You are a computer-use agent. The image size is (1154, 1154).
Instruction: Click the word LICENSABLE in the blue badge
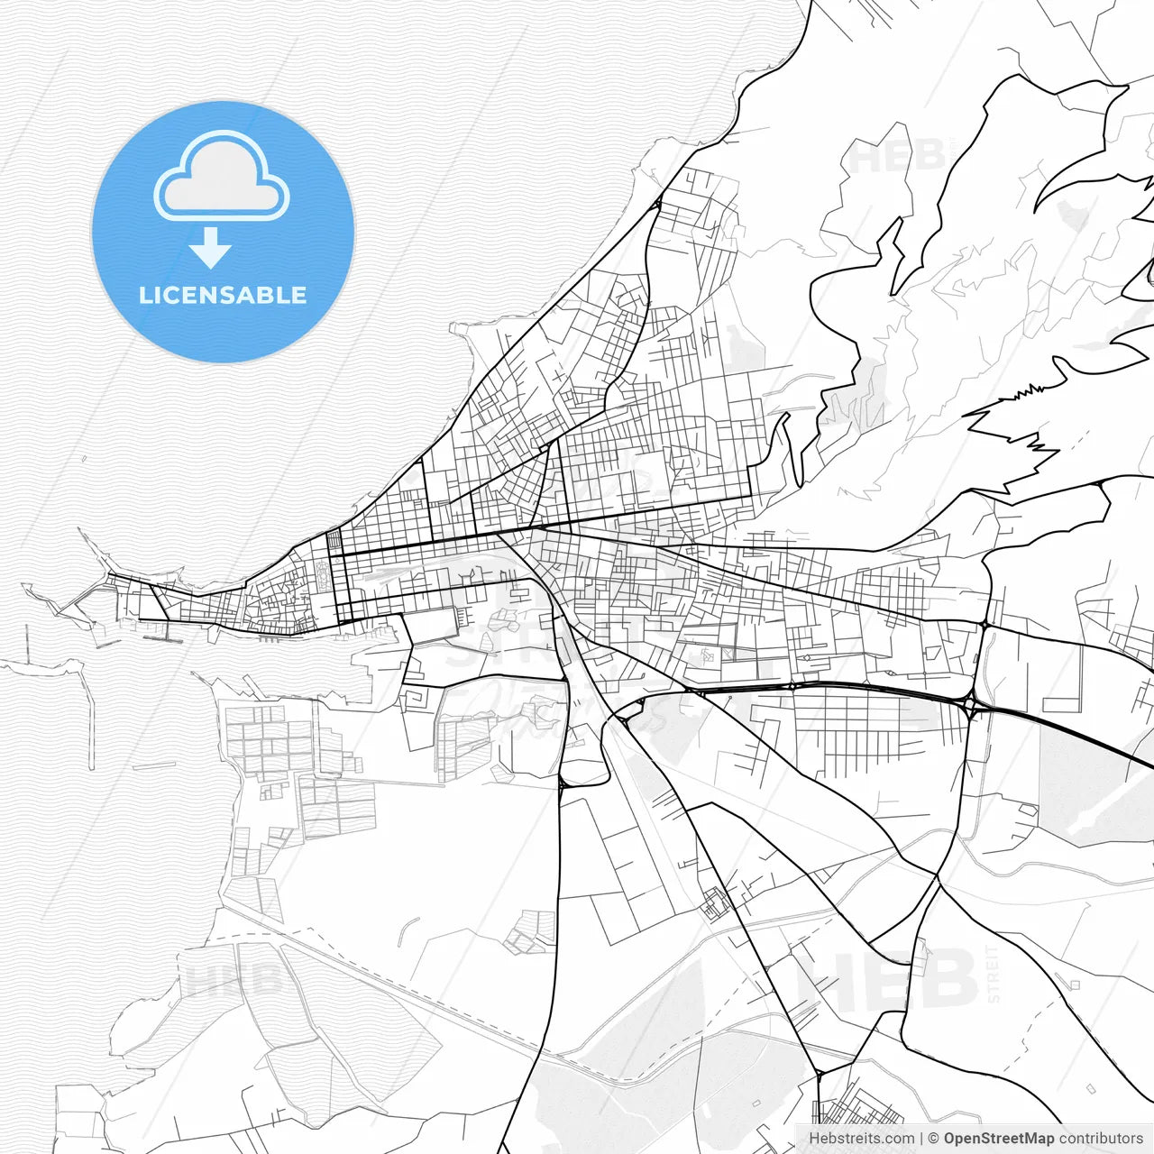click(223, 296)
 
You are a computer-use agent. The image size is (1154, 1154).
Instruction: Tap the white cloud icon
click(222, 177)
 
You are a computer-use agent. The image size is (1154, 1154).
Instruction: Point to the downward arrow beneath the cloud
click(211, 248)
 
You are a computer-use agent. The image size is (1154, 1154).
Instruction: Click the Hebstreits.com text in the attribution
click(861, 1139)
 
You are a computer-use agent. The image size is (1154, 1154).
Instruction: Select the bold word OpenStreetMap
click(999, 1139)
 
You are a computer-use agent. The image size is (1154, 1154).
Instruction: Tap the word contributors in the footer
click(1101, 1139)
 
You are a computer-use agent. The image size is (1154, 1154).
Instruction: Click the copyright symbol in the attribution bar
click(933, 1139)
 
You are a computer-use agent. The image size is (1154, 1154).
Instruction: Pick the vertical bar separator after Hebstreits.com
click(920, 1139)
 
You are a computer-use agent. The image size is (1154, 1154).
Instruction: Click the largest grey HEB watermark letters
click(888, 980)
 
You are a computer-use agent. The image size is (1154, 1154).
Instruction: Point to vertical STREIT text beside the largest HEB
click(994, 974)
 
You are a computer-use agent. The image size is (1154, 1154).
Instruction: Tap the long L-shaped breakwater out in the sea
click(89, 712)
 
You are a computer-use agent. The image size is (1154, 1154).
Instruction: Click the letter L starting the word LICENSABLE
click(144, 296)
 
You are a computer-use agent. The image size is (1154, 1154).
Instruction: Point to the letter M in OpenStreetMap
click(1032, 1139)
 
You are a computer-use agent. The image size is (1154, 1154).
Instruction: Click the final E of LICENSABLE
click(299, 296)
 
